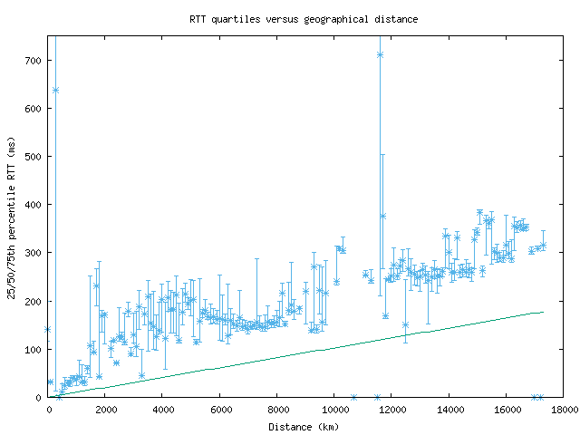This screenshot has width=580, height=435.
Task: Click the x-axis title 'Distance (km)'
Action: (x=304, y=426)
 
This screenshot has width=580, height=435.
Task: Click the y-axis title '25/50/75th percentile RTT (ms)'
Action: (x=12, y=217)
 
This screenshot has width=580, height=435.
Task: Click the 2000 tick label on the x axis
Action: (x=106, y=410)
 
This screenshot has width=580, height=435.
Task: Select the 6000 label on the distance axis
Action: (x=220, y=410)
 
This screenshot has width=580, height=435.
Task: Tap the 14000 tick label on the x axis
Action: (x=449, y=410)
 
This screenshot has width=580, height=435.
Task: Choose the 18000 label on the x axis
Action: (x=563, y=410)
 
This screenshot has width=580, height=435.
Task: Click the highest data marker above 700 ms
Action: (x=381, y=55)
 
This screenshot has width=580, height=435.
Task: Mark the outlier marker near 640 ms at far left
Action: (x=55, y=91)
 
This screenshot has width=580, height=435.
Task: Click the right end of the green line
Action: (x=543, y=312)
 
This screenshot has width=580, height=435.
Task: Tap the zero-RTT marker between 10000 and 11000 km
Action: (x=353, y=397)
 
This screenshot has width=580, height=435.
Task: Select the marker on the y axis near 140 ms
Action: (x=48, y=330)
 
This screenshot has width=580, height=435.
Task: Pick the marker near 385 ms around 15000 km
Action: (x=479, y=213)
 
